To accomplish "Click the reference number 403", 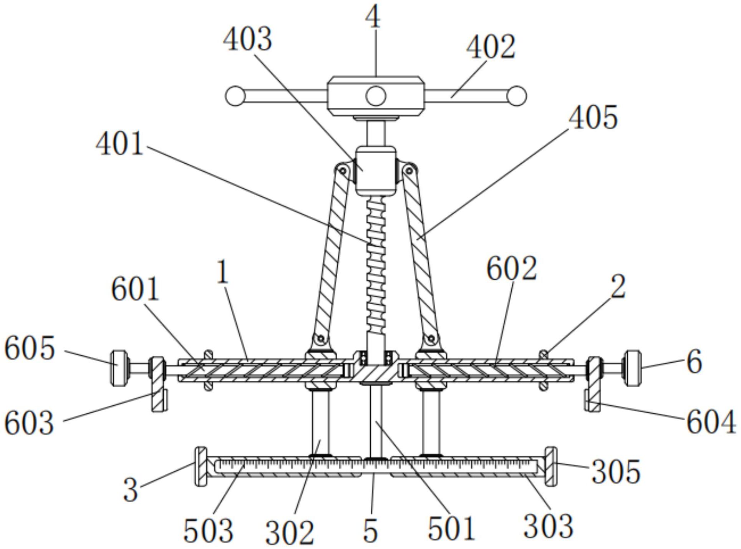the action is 247,40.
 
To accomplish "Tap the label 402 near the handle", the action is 491,47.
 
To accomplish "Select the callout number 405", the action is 593,117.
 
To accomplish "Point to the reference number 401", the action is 119,144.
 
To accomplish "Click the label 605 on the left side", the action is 30,348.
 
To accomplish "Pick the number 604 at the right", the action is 711,422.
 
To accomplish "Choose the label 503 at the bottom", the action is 208,531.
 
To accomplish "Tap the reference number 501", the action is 451,529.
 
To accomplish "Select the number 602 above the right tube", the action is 512,268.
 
